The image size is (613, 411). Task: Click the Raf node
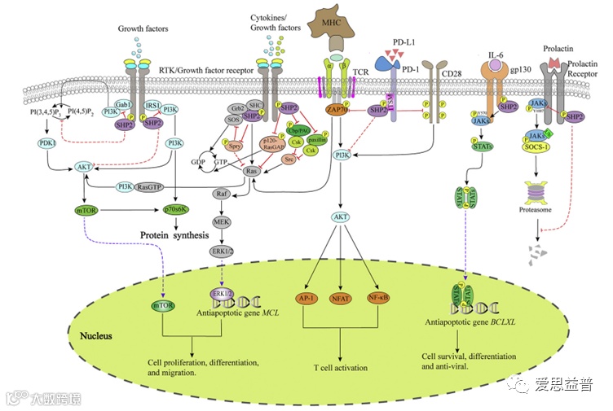[x=221, y=194]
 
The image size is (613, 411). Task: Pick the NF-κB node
[x=378, y=298]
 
